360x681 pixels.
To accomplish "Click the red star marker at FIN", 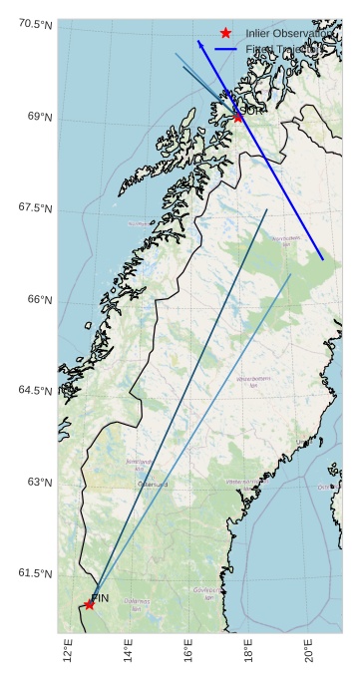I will (x=90, y=604).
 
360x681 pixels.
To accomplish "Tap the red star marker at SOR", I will (x=237, y=118).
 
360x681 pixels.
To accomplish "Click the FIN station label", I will (x=100, y=597).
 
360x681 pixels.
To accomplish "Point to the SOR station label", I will (x=251, y=110).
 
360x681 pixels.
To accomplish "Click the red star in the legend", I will (x=226, y=34).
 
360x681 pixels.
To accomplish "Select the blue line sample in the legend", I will (x=226, y=48).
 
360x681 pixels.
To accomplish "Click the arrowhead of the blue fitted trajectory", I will (x=199, y=44).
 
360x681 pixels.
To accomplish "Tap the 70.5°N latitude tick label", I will (x=35, y=24).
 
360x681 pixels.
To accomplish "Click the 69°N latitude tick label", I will (x=39, y=117).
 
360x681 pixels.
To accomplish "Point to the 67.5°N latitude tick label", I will (x=35, y=207).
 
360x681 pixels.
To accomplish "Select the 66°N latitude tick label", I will (x=39, y=300).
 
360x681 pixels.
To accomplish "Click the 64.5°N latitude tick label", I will (x=35, y=390).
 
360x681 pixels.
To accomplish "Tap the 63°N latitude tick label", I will (x=39, y=482).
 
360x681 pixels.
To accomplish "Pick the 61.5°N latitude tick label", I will (x=35, y=573).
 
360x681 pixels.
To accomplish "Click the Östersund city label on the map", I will (x=153, y=485).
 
